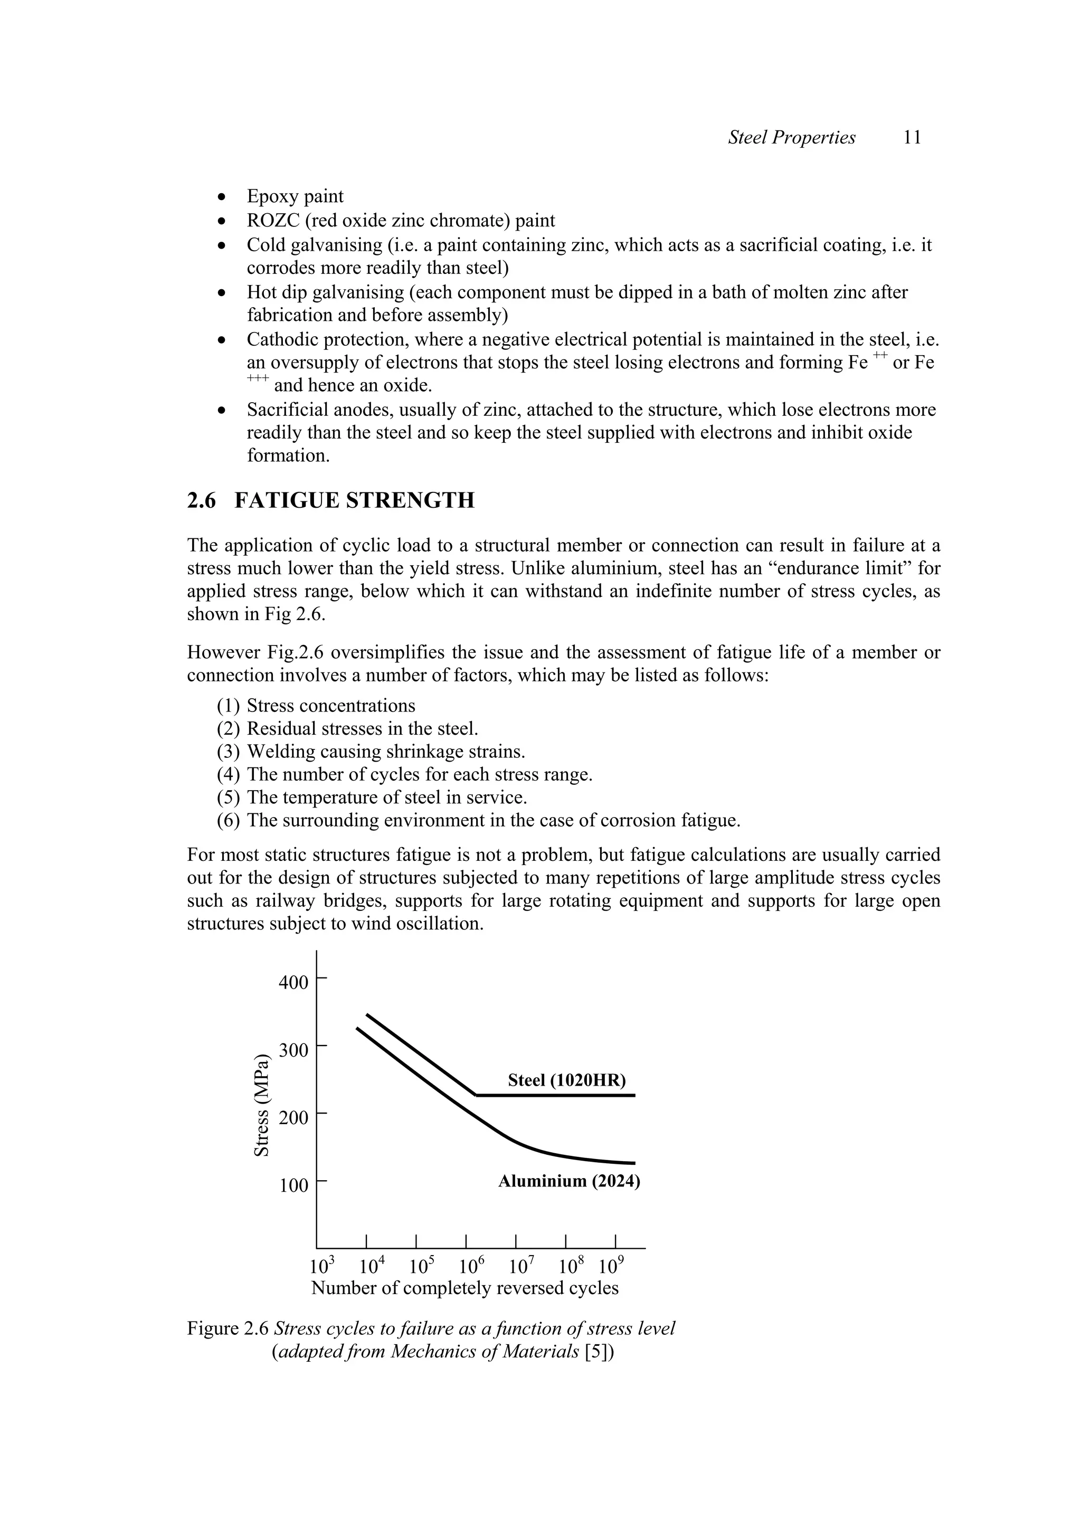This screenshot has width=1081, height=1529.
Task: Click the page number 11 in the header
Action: [912, 138]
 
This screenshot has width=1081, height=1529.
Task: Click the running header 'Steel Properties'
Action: [791, 138]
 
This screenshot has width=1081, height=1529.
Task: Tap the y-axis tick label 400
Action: [293, 983]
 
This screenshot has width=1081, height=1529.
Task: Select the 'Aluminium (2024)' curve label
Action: [569, 1181]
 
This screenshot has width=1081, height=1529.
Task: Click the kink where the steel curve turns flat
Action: [476, 1096]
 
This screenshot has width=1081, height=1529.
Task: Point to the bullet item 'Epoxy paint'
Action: [295, 196]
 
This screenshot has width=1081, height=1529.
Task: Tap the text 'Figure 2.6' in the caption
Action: [228, 1328]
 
